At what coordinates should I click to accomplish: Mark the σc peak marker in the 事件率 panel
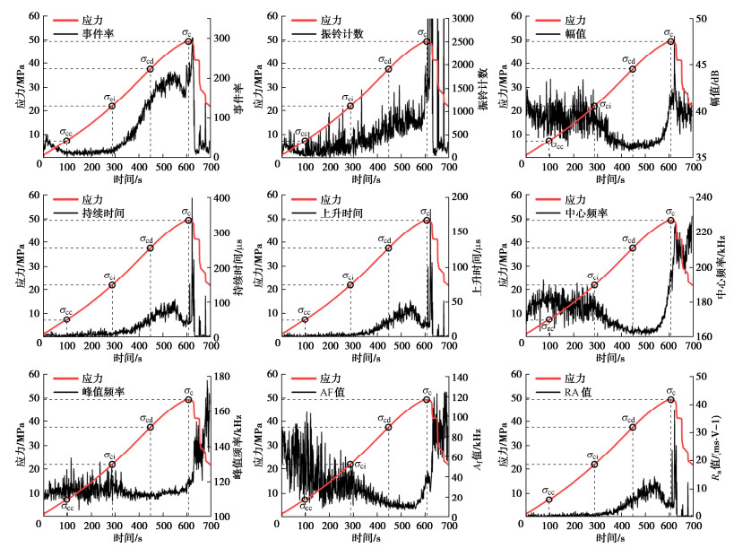(188, 41)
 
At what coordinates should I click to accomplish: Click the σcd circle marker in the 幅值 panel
(633, 69)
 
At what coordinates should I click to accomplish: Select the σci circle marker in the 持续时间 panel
(112, 285)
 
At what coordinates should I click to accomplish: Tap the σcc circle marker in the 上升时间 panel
(305, 320)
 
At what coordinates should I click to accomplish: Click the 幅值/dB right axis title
(721, 87)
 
